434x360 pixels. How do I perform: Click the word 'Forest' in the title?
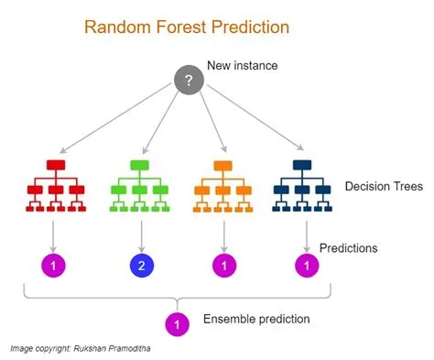tap(177, 27)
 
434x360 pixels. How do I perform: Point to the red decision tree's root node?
tap(57, 164)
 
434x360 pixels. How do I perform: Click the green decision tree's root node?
tap(140, 164)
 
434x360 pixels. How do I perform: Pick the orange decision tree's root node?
tap(222, 165)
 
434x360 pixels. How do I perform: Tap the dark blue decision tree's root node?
tap(304, 165)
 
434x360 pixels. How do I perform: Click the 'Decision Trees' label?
tap(384, 187)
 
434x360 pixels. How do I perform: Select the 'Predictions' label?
tap(348, 247)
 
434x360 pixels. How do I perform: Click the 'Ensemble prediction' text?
tap(255, 319)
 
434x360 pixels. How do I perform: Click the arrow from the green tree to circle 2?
tap(141, 234)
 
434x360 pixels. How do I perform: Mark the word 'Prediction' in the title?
tap(248, 27)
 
